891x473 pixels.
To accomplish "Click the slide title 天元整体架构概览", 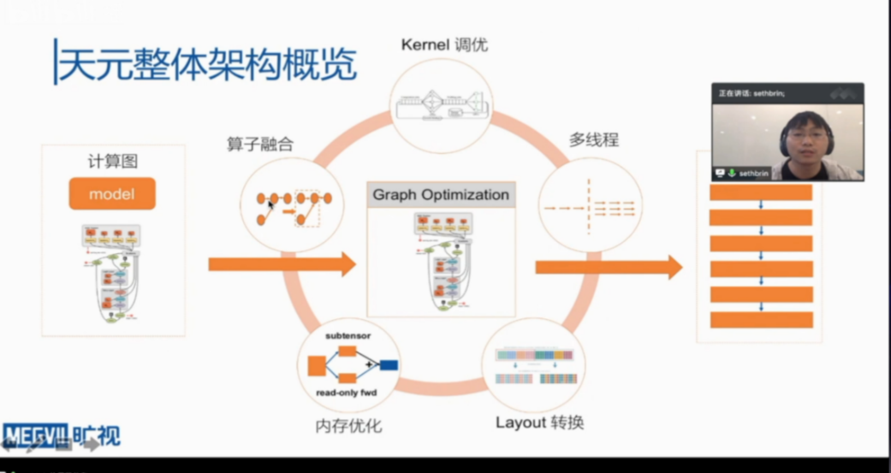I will [x=206, y=63].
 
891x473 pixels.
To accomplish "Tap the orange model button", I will [x=112, y=194].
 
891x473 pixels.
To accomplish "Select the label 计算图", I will [x=112, y=161].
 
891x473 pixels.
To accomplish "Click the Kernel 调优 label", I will [x=444, y=44].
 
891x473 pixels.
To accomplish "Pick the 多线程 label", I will [x=593, y=139].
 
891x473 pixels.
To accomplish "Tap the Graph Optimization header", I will [x=441, y=195].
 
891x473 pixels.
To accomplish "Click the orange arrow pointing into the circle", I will [x=282, y=264].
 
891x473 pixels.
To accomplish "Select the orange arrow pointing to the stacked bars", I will [x=609, y=267].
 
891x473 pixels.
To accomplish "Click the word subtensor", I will [x=347, y=335].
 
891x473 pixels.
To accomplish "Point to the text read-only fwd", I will [x=347, y=393].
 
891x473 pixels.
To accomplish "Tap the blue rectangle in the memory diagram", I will [x=389, y=365].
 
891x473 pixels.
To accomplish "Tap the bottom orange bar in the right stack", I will [x=761, y=320].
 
